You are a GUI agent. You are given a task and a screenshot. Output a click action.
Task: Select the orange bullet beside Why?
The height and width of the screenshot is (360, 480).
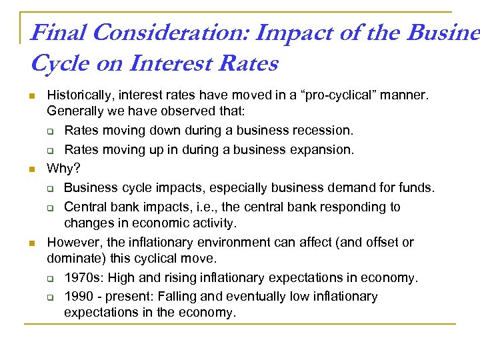(31, 169)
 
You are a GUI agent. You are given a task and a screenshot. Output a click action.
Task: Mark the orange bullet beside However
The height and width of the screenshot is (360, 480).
(31, 243)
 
